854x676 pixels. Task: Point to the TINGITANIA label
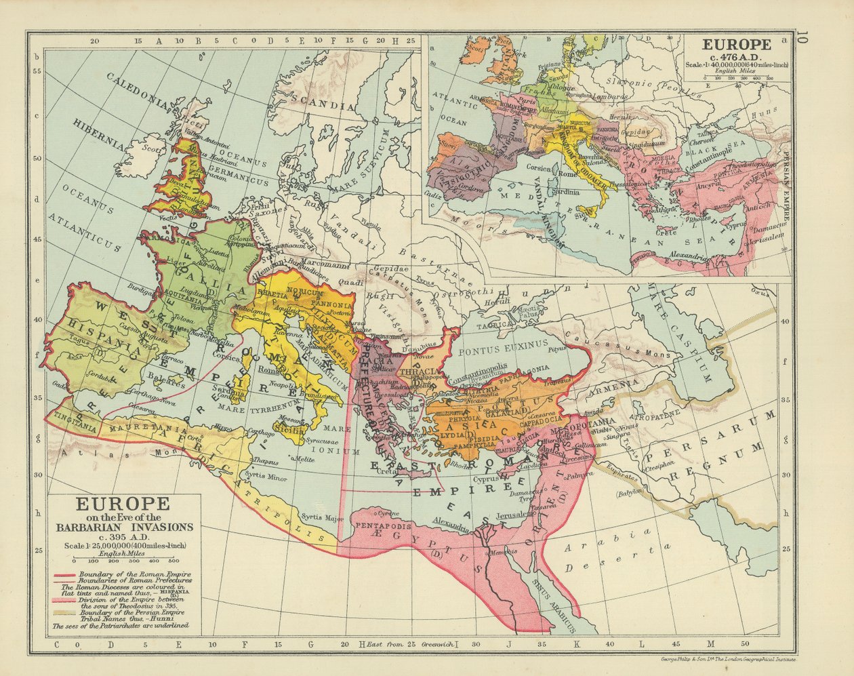[x=75, y=420]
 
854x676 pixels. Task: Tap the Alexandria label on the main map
[x=450, y=526]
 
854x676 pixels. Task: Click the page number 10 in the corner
[x=802, y=37]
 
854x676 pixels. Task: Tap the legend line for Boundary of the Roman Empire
[x=122, y=575]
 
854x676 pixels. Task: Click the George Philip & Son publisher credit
[x=726, y=660]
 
